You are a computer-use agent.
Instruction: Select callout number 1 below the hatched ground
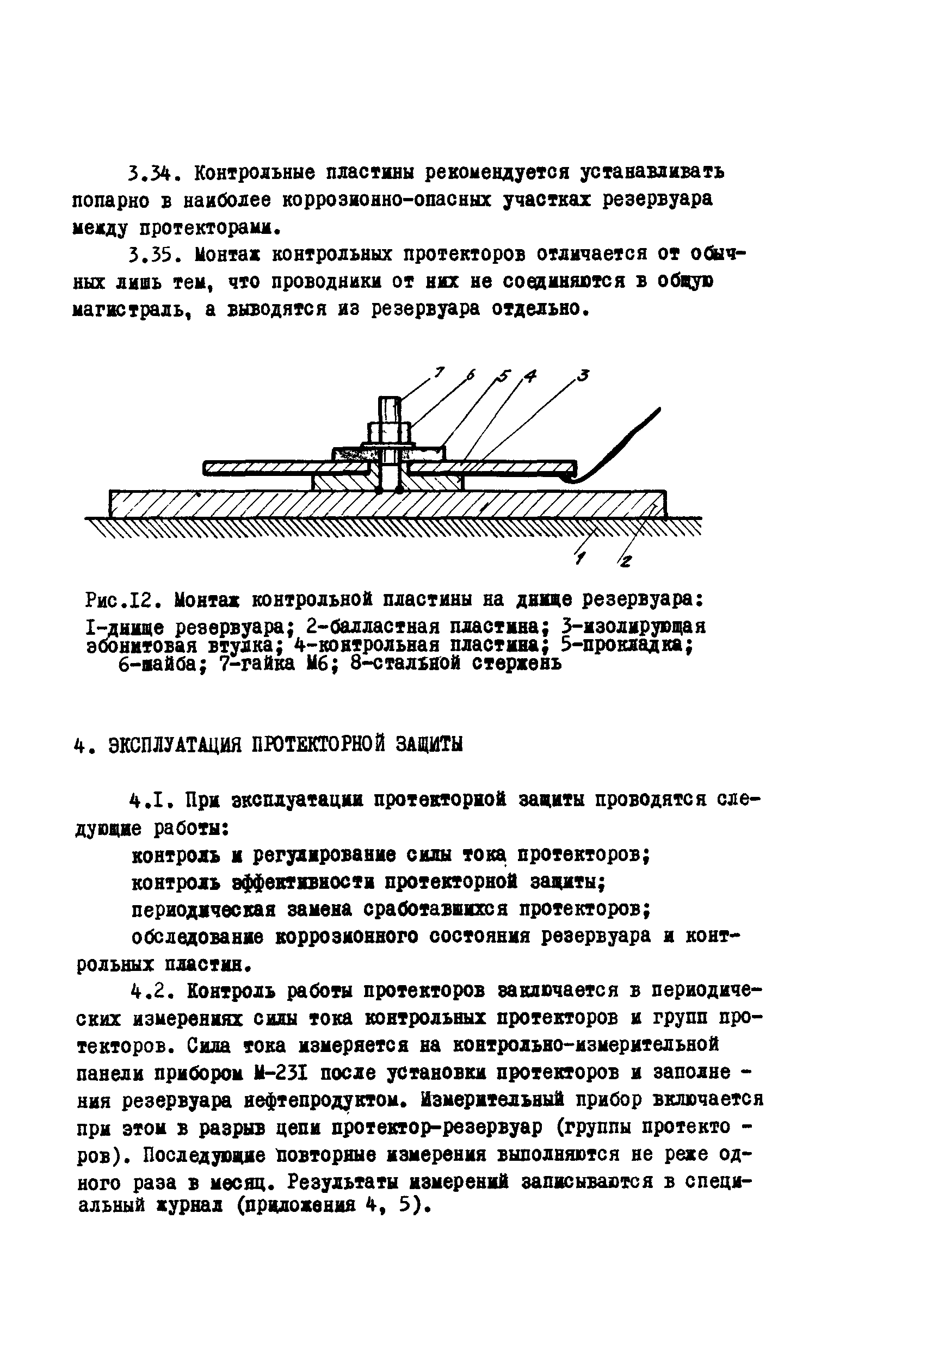[x=580, y=559]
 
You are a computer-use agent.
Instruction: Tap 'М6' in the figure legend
[x=317, y=664]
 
